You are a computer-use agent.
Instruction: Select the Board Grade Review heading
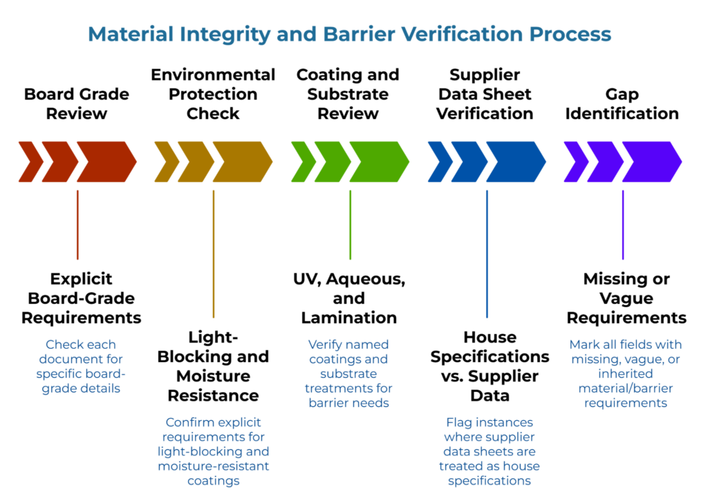(x=77, y=103)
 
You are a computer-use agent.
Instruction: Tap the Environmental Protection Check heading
(x=213, y=93)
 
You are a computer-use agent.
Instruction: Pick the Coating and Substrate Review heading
(x=348, y=93)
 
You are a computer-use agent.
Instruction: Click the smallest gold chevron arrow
(x=165, y=162)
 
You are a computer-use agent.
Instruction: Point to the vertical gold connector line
(x=214, y=253)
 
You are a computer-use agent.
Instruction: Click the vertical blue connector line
(x=487, y=253)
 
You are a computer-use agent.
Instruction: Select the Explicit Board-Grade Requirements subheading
(x=81, y=298)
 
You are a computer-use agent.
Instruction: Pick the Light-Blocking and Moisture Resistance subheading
(x=213, y=366)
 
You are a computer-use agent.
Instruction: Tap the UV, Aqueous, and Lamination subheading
(x=348, y=298)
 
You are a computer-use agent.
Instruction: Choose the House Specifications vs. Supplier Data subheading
(x=490, y=366)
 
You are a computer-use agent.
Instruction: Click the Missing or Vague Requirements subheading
(x=626, y=298)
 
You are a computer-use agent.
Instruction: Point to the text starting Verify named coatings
(x=348, y=373)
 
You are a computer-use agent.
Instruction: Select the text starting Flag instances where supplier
(x=489, y=451)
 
